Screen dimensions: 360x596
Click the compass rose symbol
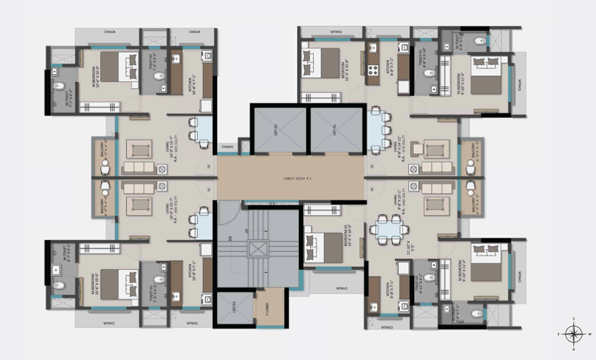(573, 334)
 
